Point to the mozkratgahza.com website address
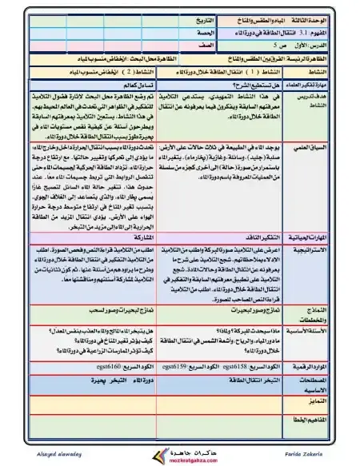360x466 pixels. pos(179,460)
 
